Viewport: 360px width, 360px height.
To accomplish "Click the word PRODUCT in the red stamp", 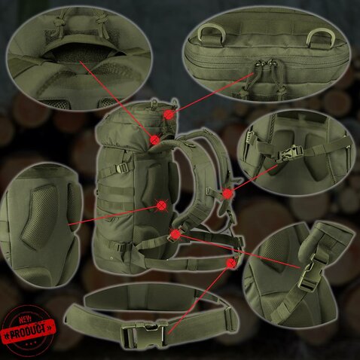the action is pos(29,328).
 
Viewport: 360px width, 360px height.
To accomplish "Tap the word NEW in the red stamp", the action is pos(25,319).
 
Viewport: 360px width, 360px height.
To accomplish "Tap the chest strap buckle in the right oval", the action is pos(289,153).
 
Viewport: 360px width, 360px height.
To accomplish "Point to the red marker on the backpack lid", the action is pos(169,115).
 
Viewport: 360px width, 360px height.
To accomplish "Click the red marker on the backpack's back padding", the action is pos(162,206).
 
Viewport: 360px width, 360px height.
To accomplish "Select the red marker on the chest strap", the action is pos(227,194).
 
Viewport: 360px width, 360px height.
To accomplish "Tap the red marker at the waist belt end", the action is pos(231,263).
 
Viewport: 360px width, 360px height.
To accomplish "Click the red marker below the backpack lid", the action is pos(155,139).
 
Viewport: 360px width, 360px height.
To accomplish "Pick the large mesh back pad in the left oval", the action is pos(41,215).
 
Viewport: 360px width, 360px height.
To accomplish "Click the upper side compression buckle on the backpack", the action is pos(122,168).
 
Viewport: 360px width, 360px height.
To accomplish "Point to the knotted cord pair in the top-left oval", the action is pos(81,22).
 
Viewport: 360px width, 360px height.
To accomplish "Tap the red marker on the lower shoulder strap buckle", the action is pos(175,234).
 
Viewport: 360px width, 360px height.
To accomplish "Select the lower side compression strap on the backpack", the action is pos(126,246).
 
